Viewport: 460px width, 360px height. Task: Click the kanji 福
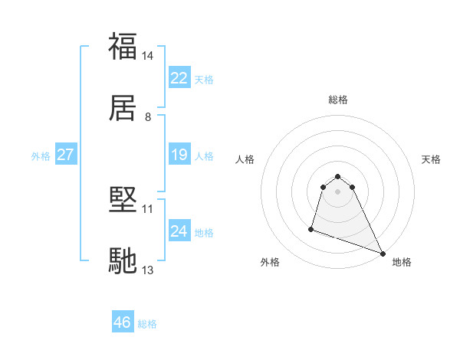[x=123, y=47]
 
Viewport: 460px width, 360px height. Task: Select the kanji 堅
[x=123, y=201]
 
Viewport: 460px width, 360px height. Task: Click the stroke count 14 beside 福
[x=148, y=56]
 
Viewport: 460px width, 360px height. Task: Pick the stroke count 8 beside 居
[x=148, y=117]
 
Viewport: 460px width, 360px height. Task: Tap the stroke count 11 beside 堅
[x=148, y=208]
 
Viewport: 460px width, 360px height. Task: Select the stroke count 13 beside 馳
[x=148, y=270]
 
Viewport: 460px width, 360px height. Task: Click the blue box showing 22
[x=179, y=78]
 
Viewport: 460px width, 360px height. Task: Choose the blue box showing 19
[x=179, y=155]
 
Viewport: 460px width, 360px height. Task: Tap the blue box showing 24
[x=179, y=231]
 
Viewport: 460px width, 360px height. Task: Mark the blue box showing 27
[x=66, y=155]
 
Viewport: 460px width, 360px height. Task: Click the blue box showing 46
[x=123, y=322]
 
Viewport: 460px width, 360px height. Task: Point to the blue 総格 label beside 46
[x=147, y=324]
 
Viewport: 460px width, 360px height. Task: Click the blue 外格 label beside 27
[x=41, y=155]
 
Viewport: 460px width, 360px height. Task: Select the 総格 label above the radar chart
[x=338, y=100]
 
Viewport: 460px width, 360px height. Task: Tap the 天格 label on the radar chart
[x=431, y=159]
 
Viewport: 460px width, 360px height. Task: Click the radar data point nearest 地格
[x=382, y=254]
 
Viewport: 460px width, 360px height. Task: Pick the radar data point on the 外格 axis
[x=311, y=228]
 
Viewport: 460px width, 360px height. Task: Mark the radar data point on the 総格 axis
[x=338, y=174]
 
